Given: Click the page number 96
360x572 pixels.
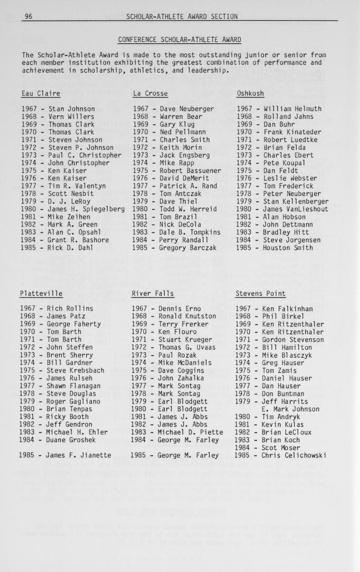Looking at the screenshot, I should pyautogui.click(x=29, y=17).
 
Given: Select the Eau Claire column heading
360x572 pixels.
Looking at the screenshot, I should pyautogui.click(x=41, y=94).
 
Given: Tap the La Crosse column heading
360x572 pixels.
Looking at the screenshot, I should pyautogui.click(x=150, y=94).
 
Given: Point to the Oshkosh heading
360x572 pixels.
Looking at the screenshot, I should pyautogui.click(x=250, y=94).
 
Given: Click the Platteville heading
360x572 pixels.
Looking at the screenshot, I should pyautogui.click(x=41, y=293).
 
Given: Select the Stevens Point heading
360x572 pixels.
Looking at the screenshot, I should pyautogui.click(x=260, y=293).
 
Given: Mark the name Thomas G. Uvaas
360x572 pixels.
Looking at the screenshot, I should pyautogui.click(x=187, y=347).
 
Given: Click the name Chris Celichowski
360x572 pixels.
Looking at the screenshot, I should pyautogui.click(x=294, y=456).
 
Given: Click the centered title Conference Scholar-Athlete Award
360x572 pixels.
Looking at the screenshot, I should pyautogui.click(x=179, y=40).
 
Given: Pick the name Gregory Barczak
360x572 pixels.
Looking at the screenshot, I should pyautogui.click(x=188, y=248).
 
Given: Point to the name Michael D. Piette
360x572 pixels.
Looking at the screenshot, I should pyautogui.click(x=191, y=432).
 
